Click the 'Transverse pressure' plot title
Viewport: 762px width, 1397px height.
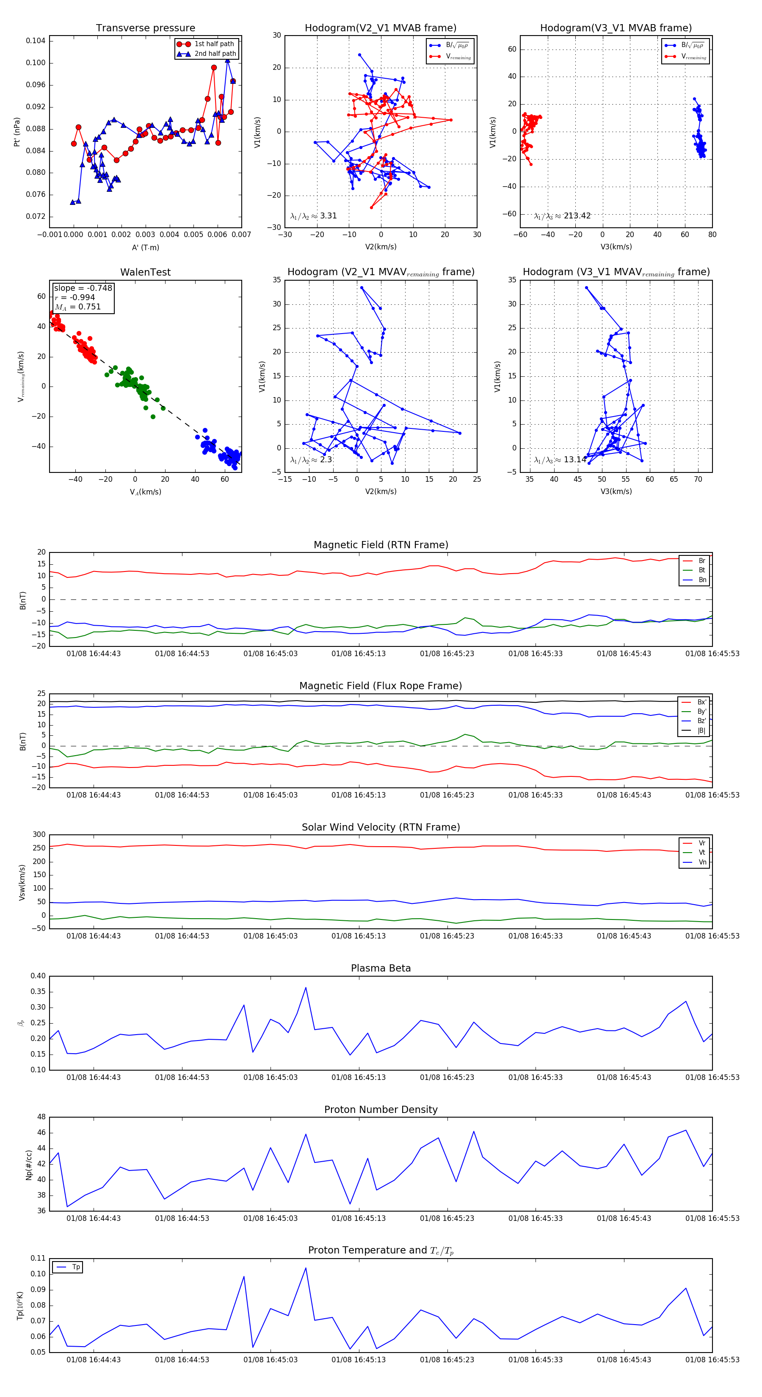pos(145,28)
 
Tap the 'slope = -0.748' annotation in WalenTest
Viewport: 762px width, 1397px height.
pos(83,288)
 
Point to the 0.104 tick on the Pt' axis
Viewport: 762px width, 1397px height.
pos(36,41)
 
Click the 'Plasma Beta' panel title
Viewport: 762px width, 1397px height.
pos(381,968)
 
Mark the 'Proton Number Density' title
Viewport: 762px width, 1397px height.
pos(381,1110)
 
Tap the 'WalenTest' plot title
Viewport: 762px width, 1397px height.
pos(145,272)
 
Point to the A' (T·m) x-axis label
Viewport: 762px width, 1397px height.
pos(145,247)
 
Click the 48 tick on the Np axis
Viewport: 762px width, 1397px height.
pos(41,1117)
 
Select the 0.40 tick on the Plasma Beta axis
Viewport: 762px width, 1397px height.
pos(38,976)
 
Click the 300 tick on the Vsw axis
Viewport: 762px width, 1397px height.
pos(39,835)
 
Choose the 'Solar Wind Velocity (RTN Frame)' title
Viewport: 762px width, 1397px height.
pos(381,827)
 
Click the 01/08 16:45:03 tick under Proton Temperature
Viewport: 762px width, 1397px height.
pos(270,1359)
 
